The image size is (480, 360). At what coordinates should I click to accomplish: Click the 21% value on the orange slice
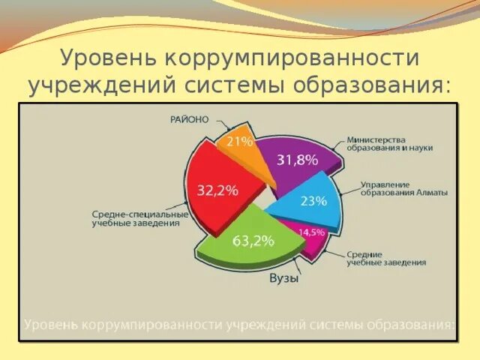[x=240, y=140]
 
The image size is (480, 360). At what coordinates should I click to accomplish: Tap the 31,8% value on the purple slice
[x=297, y=160]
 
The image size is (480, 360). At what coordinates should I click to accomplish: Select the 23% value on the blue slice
[x=313, y=200]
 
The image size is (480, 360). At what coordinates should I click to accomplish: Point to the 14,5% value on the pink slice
[x=311, y=232]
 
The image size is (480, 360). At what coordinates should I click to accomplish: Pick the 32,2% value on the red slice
[x=217, y=190]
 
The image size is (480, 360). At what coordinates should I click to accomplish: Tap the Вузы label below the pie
[x=283, y=278]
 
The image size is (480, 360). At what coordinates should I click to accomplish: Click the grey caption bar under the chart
[x=239, y=325]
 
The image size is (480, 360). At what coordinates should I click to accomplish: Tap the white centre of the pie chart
[x=261, y=196]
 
